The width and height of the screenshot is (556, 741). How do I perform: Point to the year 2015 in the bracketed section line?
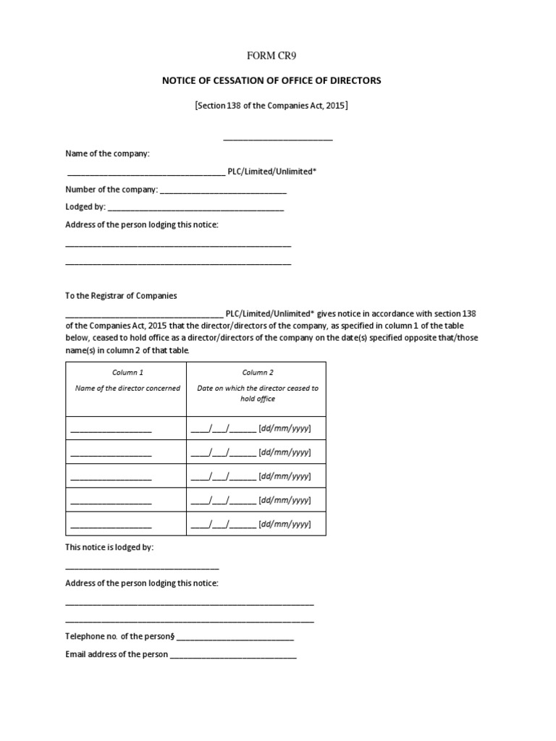[334, 106]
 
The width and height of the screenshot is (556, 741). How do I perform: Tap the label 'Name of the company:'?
[108, 153]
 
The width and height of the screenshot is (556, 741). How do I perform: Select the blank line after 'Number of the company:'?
[223, 191]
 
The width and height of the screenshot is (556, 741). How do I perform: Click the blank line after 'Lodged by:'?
[195, 208]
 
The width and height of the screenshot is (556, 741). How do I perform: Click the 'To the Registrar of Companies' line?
[121, 296]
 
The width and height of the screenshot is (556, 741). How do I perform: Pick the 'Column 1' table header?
[127, 373]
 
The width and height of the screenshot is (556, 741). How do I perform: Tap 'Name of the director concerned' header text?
[127, 389]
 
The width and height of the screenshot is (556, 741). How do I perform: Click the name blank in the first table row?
[111, 431]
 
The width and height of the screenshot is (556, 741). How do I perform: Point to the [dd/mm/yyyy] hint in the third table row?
[285, 476]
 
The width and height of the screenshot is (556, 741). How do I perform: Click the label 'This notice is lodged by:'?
[109, 548]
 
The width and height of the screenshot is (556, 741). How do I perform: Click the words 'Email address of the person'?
[117, 655]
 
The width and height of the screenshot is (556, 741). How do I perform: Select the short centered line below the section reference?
[278, 138]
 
